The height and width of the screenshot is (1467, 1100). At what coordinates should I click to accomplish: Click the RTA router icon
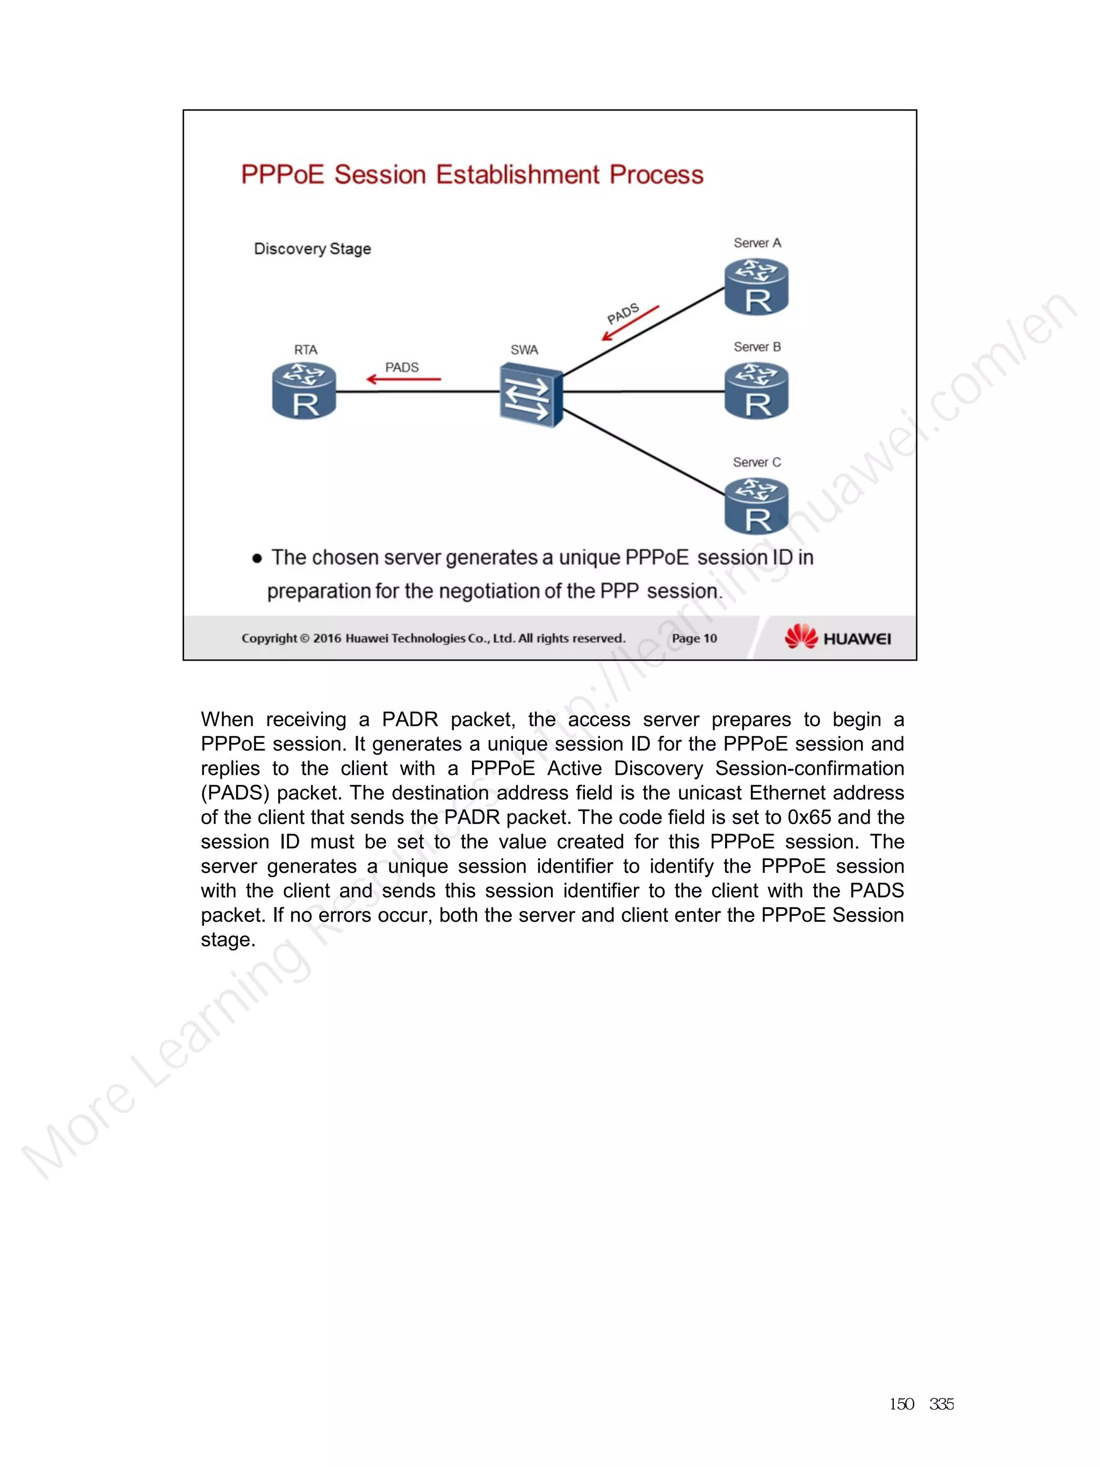(x=305, y=391)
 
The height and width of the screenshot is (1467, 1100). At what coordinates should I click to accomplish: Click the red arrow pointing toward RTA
(x=403, y=379)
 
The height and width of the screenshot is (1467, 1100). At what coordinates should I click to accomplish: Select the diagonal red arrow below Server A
(x=630, y=323)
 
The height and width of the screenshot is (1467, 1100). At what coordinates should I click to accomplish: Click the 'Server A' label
(x=757, y=243)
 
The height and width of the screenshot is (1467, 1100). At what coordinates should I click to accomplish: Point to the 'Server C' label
(x=757, y=462)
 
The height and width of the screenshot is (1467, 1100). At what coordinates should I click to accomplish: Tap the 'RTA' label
(x=306, y=350)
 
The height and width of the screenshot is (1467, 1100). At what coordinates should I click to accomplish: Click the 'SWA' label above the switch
(x=524, y=350)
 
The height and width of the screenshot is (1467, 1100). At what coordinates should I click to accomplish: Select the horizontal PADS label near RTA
(x=402, y=367)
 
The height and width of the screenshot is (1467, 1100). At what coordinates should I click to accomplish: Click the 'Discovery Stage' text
(x=312, y=249)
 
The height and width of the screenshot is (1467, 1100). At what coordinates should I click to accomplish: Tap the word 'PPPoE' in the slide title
(x=283, y=175)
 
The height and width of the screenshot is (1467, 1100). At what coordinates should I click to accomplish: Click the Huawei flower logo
(x=801, y=636)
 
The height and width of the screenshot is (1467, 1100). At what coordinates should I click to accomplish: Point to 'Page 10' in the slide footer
(x=694, y=638)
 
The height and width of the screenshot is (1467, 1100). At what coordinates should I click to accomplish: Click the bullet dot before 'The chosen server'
(x=257, y=559)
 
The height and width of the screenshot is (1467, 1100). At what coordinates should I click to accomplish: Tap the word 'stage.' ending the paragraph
(x=228, y=940)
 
